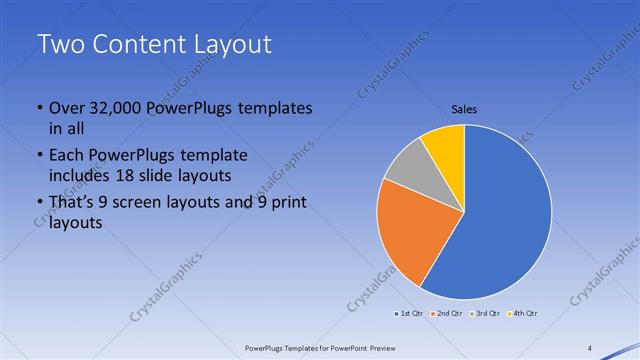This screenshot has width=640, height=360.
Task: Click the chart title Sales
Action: point(464,109)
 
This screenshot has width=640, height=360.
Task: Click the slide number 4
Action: point(589,348)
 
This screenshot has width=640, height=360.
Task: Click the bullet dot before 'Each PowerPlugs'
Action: point(39,157)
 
